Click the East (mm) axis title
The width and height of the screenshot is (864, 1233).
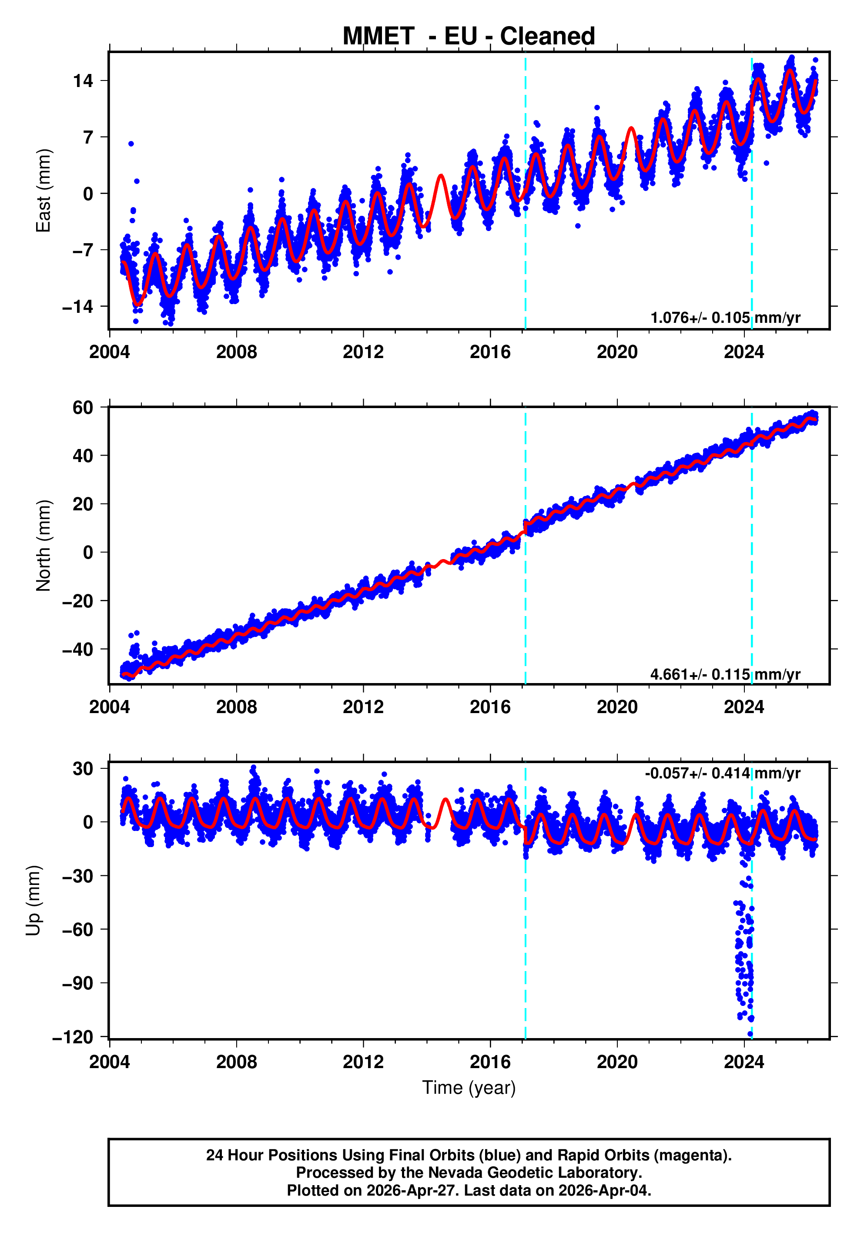pos(43,191)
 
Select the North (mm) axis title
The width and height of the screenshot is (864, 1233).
pos(43,546)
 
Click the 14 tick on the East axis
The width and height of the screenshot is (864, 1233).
pos(83,81)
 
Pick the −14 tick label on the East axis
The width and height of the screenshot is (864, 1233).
pos(78,307)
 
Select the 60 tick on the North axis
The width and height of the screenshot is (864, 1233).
pos(83,408)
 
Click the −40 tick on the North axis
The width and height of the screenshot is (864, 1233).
pos(78,649)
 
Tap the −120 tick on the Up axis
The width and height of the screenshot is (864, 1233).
pos(73,1037)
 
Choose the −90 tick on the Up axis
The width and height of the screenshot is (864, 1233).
pos(78,983)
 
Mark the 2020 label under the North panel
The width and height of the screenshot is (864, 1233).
pos(617,707)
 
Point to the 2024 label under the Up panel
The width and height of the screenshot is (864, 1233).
pos(744,1062)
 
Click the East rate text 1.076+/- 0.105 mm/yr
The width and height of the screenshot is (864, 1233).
pos(725,318)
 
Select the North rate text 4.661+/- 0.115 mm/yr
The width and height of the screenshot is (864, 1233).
pos(725,674)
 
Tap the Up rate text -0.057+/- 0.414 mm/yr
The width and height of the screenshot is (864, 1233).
pos(722,773)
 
